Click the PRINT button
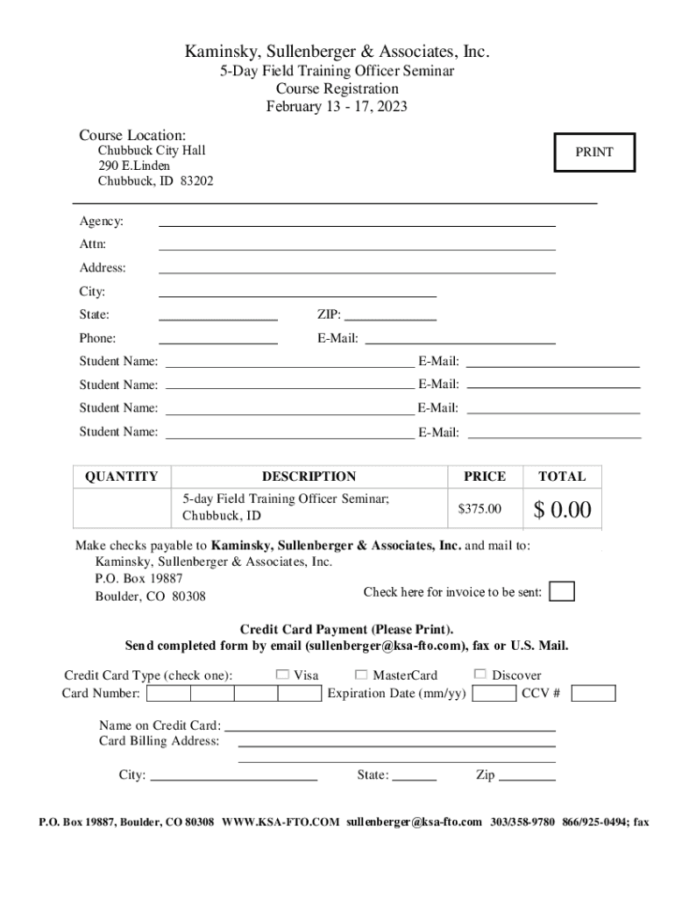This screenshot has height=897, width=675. (594, 152)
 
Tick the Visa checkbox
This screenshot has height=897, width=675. (282, 675)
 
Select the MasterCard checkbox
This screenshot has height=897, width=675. (361, 675)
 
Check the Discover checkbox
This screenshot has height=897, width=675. (480, 675)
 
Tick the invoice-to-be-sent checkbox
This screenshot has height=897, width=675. (562, 592)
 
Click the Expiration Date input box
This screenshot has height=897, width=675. (494, 694)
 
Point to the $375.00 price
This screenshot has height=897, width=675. (480, 509)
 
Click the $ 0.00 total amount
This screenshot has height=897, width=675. (562, 509)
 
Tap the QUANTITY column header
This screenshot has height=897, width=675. (122, 477)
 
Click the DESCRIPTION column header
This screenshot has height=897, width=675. (309, 477)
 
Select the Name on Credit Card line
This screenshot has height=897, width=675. (390, 726)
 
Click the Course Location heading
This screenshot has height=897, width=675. (132, 136)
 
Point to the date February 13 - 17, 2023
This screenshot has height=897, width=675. (337, 107)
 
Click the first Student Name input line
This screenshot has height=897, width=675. (289, 362)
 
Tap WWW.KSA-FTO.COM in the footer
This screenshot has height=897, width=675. (280, 823)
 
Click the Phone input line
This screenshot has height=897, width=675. (218, 339)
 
